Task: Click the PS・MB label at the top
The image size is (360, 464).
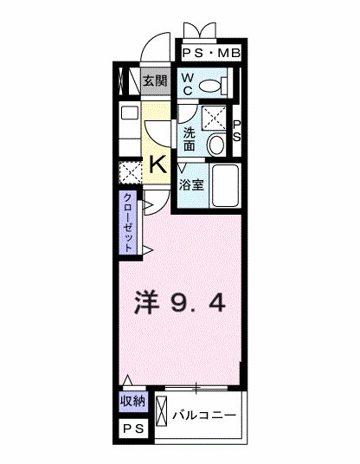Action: tap(212, 55)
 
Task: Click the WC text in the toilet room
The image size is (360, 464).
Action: tap(189, 85)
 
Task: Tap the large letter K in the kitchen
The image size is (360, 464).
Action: tap(159, 164)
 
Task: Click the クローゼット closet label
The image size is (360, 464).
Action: tap(127, 222)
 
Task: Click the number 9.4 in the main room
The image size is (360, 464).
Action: tap(201, 303)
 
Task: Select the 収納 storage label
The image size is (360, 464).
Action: tap(132, 402)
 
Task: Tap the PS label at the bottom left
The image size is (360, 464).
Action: tap(132, 430)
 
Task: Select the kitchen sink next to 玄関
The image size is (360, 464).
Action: tap(129, 113)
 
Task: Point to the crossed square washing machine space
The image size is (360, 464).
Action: tap(213, 115)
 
